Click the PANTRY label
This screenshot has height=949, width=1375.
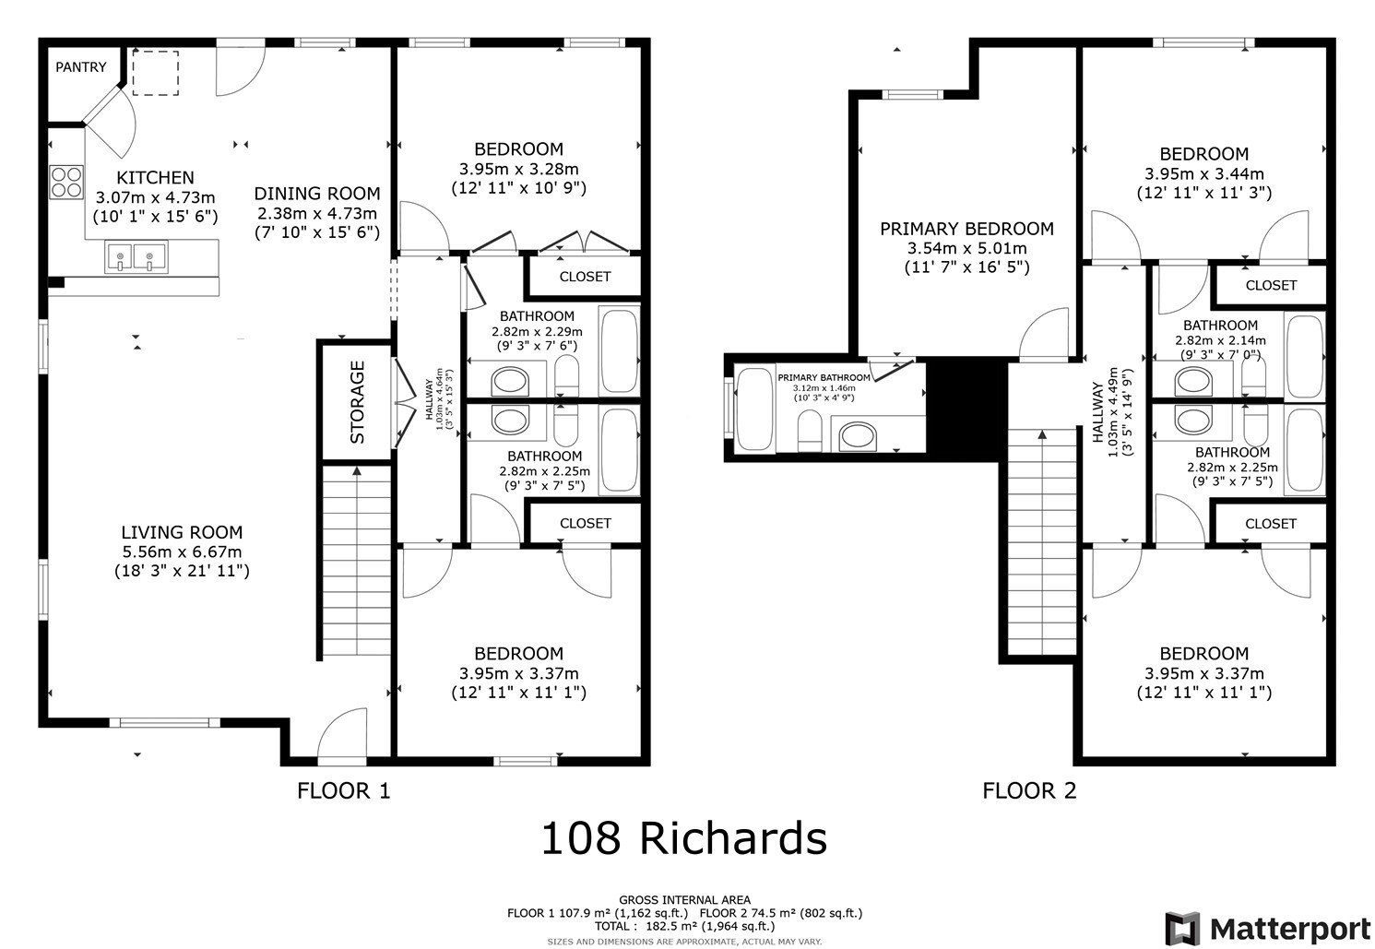(81, 67)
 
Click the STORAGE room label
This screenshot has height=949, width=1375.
(357, 402)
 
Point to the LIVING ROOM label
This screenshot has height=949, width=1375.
(182, 532)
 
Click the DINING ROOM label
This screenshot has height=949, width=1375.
(316, 194)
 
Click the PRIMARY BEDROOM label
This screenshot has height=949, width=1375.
(966, 229)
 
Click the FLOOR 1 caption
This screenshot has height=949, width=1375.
(344, 790)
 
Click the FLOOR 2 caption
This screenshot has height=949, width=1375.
(1029, 790)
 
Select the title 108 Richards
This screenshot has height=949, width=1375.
(683, 838)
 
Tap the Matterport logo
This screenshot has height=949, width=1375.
(1269, 927)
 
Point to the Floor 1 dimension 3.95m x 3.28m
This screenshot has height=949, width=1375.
(518, 169)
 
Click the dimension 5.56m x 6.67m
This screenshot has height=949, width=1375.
(182, 552)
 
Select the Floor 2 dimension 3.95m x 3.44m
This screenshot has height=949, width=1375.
(1203, 173)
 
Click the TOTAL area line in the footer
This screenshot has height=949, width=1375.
(683, 926)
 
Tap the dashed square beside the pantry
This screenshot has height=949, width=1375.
(155, 73)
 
